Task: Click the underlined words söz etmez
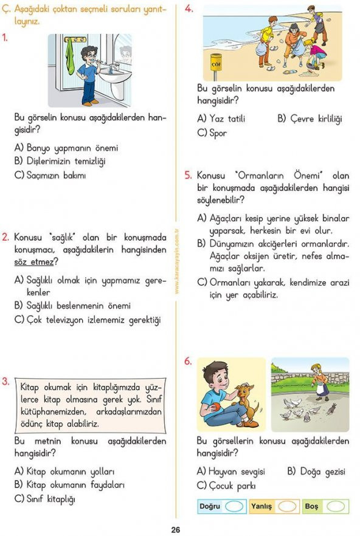coord(36,262)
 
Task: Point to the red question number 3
coord(5,382)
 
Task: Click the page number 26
coord(176,529)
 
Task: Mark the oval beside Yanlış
coord(288,506)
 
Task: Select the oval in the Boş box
coord(335,506)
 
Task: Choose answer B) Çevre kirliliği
coord(310,119)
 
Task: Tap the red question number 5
coord(189,175)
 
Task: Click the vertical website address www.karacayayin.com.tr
coord(176,261)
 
